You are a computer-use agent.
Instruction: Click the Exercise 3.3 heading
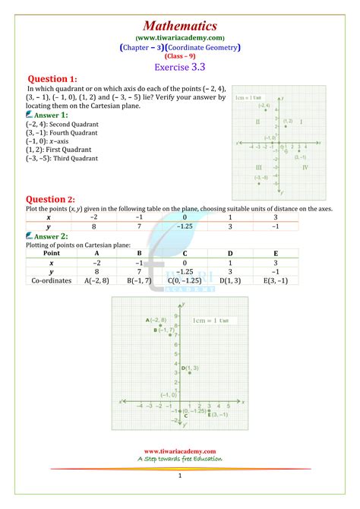180,67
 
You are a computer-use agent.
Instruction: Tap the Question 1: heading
52,79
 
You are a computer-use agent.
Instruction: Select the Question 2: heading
51,199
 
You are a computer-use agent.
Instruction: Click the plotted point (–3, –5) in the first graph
259,183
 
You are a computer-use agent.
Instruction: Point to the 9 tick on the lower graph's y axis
176,315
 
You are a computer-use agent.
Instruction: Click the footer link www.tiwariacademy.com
180,451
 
